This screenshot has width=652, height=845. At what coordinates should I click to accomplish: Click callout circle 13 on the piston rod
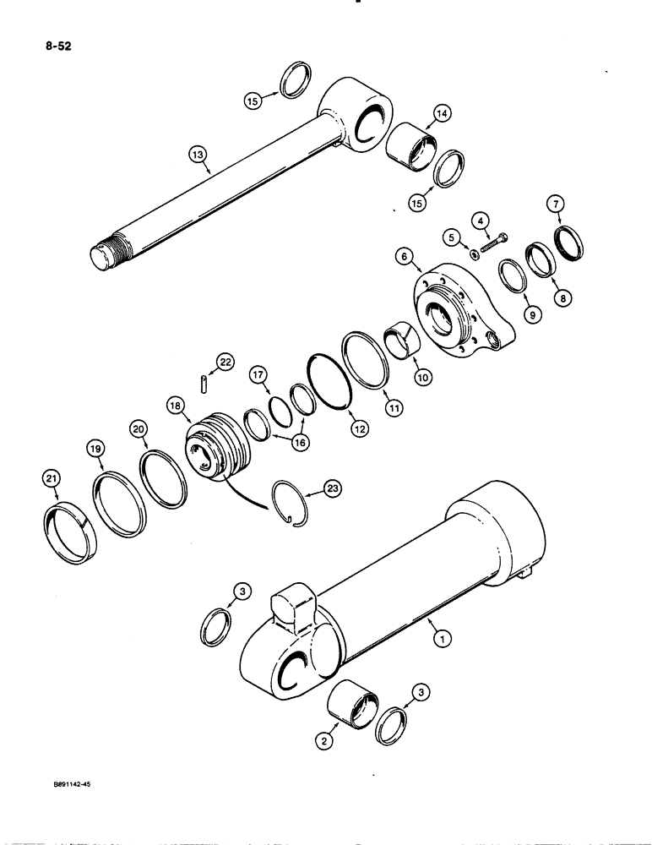(196, 155)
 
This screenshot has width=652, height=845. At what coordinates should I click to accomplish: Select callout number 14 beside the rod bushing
(442, 113)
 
